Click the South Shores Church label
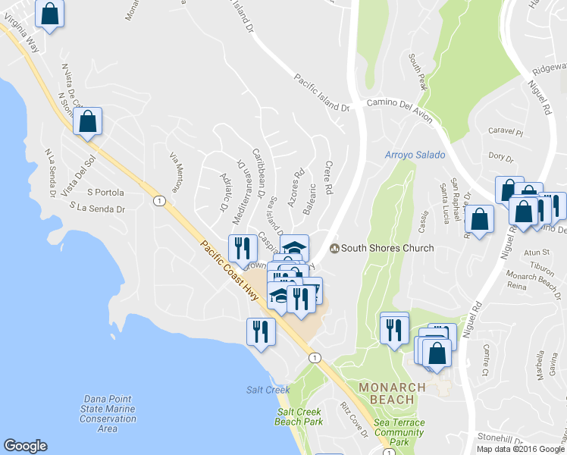(387, 248)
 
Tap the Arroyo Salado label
(415, 155)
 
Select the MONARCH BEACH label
(392, 393)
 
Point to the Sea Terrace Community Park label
(399, 431)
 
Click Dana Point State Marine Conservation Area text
(108, 413)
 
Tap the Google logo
(25, 446)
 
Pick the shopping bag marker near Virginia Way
(49, 14)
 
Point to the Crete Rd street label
(329, 177)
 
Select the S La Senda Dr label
(96, 207)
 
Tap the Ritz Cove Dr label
(354, 419)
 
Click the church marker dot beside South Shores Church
(334, 248)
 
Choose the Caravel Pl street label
(506, 131)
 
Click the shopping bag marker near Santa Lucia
(479, 218)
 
